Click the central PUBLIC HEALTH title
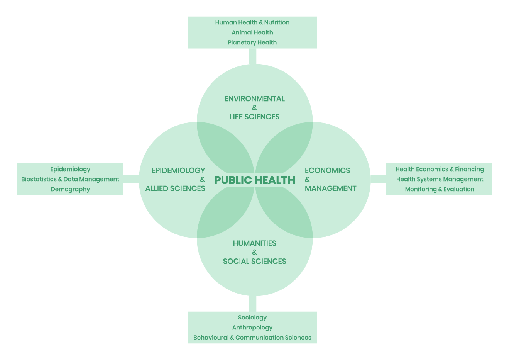point(255,180)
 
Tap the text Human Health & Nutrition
point(252,22)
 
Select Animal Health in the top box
point(252,32)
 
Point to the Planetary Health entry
point(252,42)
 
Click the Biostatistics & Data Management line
point(70,179)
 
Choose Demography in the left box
point(70,189)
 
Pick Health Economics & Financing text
point(440,169)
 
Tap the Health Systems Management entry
point(440,179)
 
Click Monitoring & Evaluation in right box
point(440,189)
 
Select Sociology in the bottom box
point(252,318)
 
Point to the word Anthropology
point(252,328)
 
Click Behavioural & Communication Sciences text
point(252,338)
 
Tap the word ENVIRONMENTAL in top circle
point(255,99)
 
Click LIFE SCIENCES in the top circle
point(255,117)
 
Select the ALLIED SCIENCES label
point(175,188)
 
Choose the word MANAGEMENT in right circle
point(331,188)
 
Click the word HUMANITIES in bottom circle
point(255,243)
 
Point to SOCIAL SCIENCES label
point(255,262)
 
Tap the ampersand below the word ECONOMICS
point(308,180)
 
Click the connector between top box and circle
point(252,56)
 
